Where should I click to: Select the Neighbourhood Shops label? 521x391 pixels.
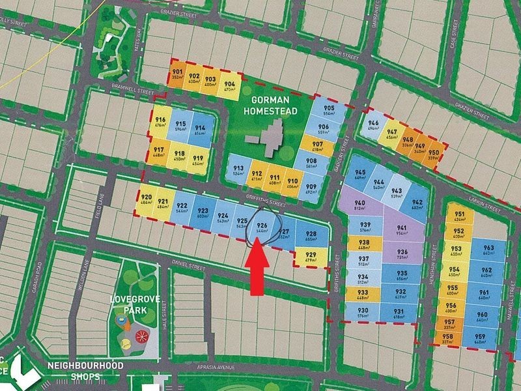[x=85, y=371]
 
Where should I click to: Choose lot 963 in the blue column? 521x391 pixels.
[x=488, y=252]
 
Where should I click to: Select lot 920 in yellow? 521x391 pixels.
[x=147, y=201]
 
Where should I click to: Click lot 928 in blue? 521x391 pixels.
[x=311, y=237]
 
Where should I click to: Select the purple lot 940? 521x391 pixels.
[x=359, y=206]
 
